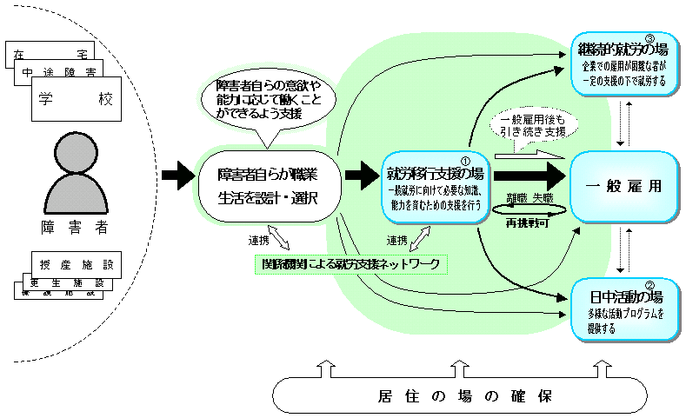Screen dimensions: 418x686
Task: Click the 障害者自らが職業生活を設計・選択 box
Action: point(267,185)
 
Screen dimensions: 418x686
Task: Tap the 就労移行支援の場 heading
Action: point(436,173)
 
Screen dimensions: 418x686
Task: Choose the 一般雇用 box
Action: point(619,184)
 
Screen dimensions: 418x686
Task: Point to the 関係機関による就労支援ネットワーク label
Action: point(351,262)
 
